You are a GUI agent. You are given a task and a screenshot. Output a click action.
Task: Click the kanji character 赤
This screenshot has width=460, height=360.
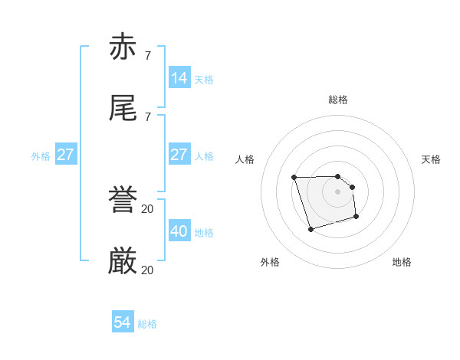123,47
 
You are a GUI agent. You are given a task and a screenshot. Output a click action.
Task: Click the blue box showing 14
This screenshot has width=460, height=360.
179,78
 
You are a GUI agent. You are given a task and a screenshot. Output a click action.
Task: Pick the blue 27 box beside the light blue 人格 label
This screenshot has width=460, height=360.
179,155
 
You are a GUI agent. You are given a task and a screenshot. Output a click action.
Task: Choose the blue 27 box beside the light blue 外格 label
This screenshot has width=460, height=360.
65,155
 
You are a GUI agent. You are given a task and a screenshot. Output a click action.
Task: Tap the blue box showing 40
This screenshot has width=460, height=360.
179,231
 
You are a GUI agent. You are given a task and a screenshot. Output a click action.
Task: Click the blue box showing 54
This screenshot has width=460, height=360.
122,322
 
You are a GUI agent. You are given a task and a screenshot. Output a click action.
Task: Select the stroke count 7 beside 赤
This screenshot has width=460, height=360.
147,56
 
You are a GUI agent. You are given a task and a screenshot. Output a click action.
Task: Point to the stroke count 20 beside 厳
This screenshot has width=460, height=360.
147,270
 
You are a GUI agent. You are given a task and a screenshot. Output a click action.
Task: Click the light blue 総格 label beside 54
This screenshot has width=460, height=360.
147,324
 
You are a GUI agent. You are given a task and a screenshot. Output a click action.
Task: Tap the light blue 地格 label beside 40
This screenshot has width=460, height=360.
204,232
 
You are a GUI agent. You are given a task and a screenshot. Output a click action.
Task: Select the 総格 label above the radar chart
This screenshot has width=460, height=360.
338,100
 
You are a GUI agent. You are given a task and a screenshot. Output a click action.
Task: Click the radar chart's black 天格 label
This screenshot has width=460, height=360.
432,159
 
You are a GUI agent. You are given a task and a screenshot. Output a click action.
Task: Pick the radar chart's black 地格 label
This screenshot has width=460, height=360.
402,262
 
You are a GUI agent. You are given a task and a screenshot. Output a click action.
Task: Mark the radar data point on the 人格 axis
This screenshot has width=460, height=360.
294,178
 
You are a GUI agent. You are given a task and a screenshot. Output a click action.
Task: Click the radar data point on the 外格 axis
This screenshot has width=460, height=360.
310,229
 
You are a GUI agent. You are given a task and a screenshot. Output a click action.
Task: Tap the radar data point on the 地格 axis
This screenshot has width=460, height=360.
356,218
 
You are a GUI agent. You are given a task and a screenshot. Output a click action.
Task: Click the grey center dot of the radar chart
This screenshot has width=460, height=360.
338,191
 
